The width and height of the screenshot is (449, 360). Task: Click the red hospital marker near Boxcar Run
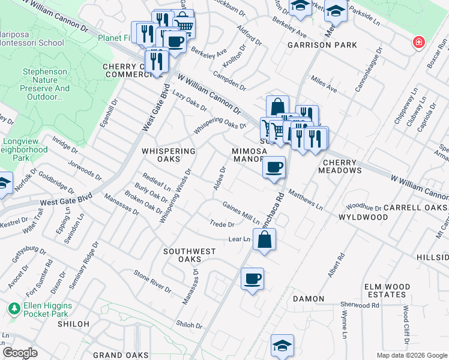(418, 43)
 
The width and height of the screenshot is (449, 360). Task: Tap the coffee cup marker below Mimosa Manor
(274, 167)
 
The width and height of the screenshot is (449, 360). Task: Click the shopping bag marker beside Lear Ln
(264, 239)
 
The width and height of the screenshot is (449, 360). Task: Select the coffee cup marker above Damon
(252, 278)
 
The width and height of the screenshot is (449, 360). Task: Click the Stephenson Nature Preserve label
(46, 84)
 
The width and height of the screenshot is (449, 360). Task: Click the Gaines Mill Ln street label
(241, 212)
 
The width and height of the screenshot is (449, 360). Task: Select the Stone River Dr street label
(152, 281)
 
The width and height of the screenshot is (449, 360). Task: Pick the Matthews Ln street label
(306, 200)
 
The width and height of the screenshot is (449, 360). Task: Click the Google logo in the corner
(20, 353)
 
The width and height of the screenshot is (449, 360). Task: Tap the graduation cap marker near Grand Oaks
(282, 345)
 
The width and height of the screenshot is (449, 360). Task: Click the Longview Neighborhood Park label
(23, 150)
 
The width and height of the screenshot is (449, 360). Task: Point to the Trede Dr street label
(222, 224)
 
